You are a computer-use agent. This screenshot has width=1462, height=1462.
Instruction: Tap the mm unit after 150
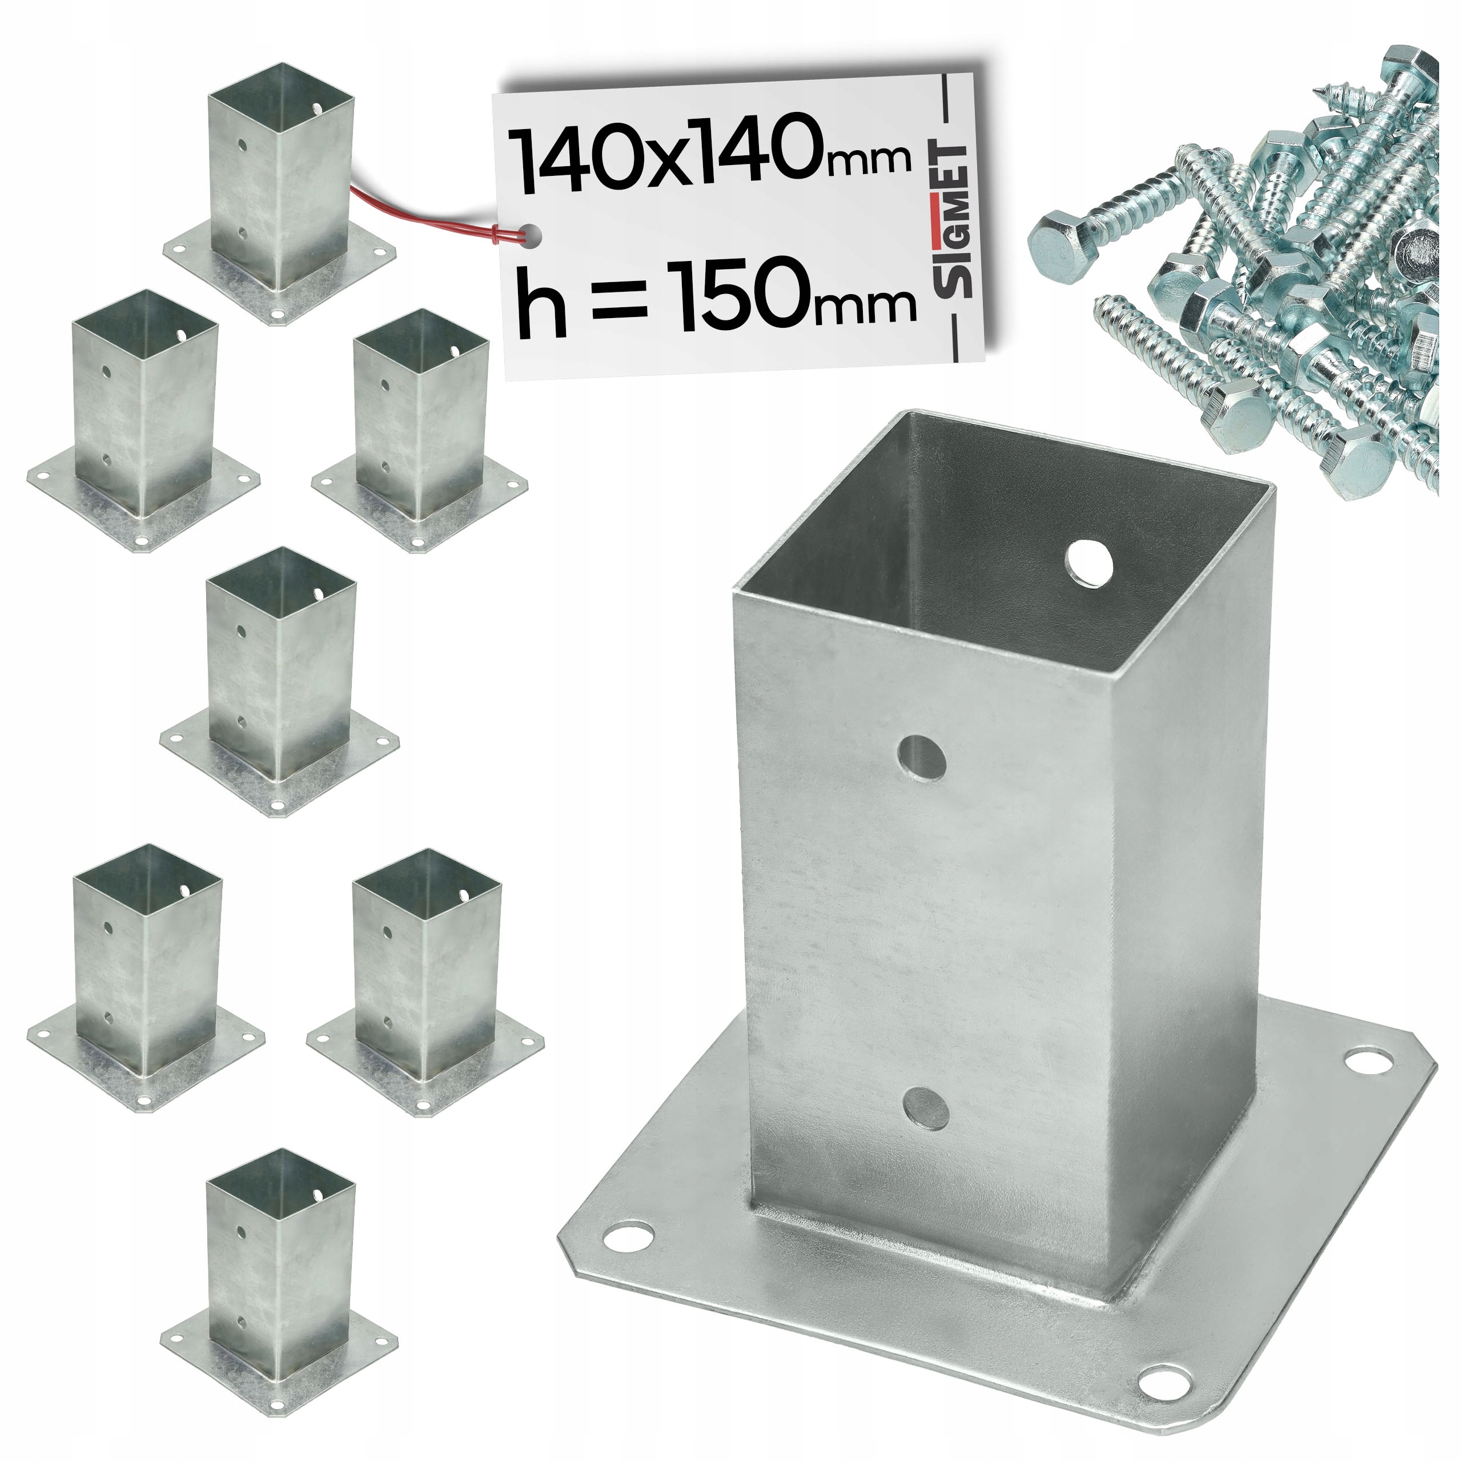[878, 302]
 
